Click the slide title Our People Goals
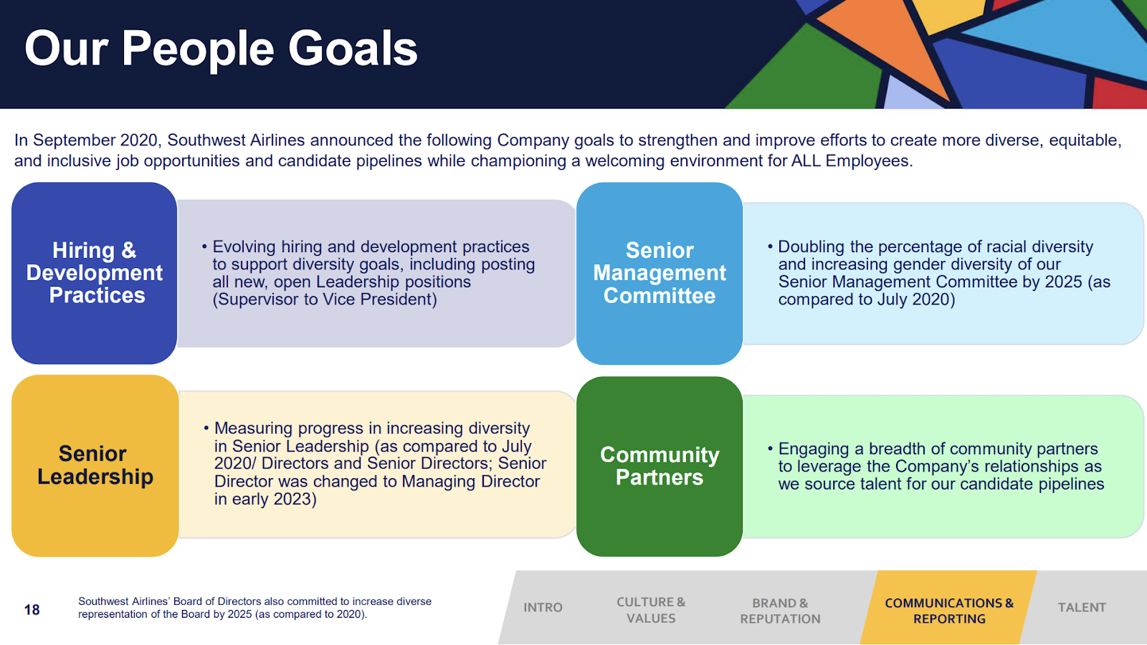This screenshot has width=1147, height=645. pyautogui.click(x=221, y=49)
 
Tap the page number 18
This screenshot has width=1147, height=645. pyautogui.click(x=32, y=610)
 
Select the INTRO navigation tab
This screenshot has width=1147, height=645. pyautogui.click(x=543, y=608)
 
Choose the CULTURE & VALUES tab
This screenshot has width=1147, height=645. pyautogui.click(x=651, y=610)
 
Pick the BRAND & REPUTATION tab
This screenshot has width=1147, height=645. pyautogui.click(x=780, y=611)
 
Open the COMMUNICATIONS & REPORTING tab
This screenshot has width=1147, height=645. pyautogui.click(x=949, y=611)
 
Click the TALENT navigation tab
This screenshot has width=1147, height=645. pyautogui.click(x=1082, y=608)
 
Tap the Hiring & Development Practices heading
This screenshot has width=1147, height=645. pyautogui.click(x=94, y=273)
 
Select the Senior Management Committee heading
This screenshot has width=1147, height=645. pyautogui.click(x=660, y=273)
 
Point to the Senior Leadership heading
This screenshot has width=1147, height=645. pyautogui.click(x=95, y=465)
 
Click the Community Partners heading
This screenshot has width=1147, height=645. pyautogui.click(x=660, y=466)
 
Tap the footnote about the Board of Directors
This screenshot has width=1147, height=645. pyautogui.click(x=254, y=608)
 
